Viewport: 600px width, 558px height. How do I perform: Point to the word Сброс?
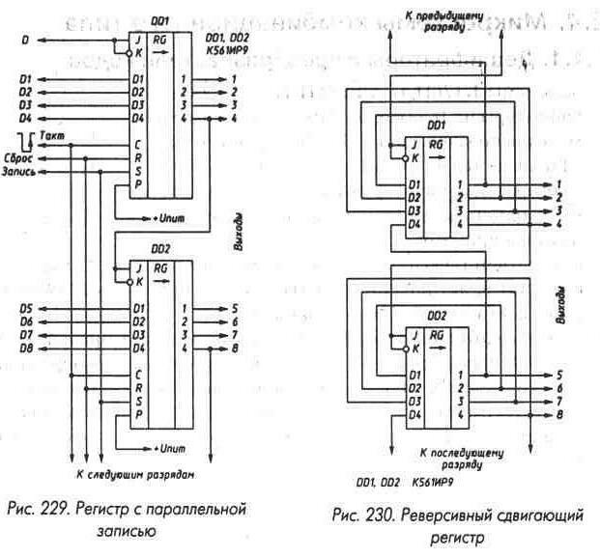tap(23, 156)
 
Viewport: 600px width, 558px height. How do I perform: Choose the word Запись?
tap(24, 172)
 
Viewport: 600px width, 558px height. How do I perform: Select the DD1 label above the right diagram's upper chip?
tap(436, 125)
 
